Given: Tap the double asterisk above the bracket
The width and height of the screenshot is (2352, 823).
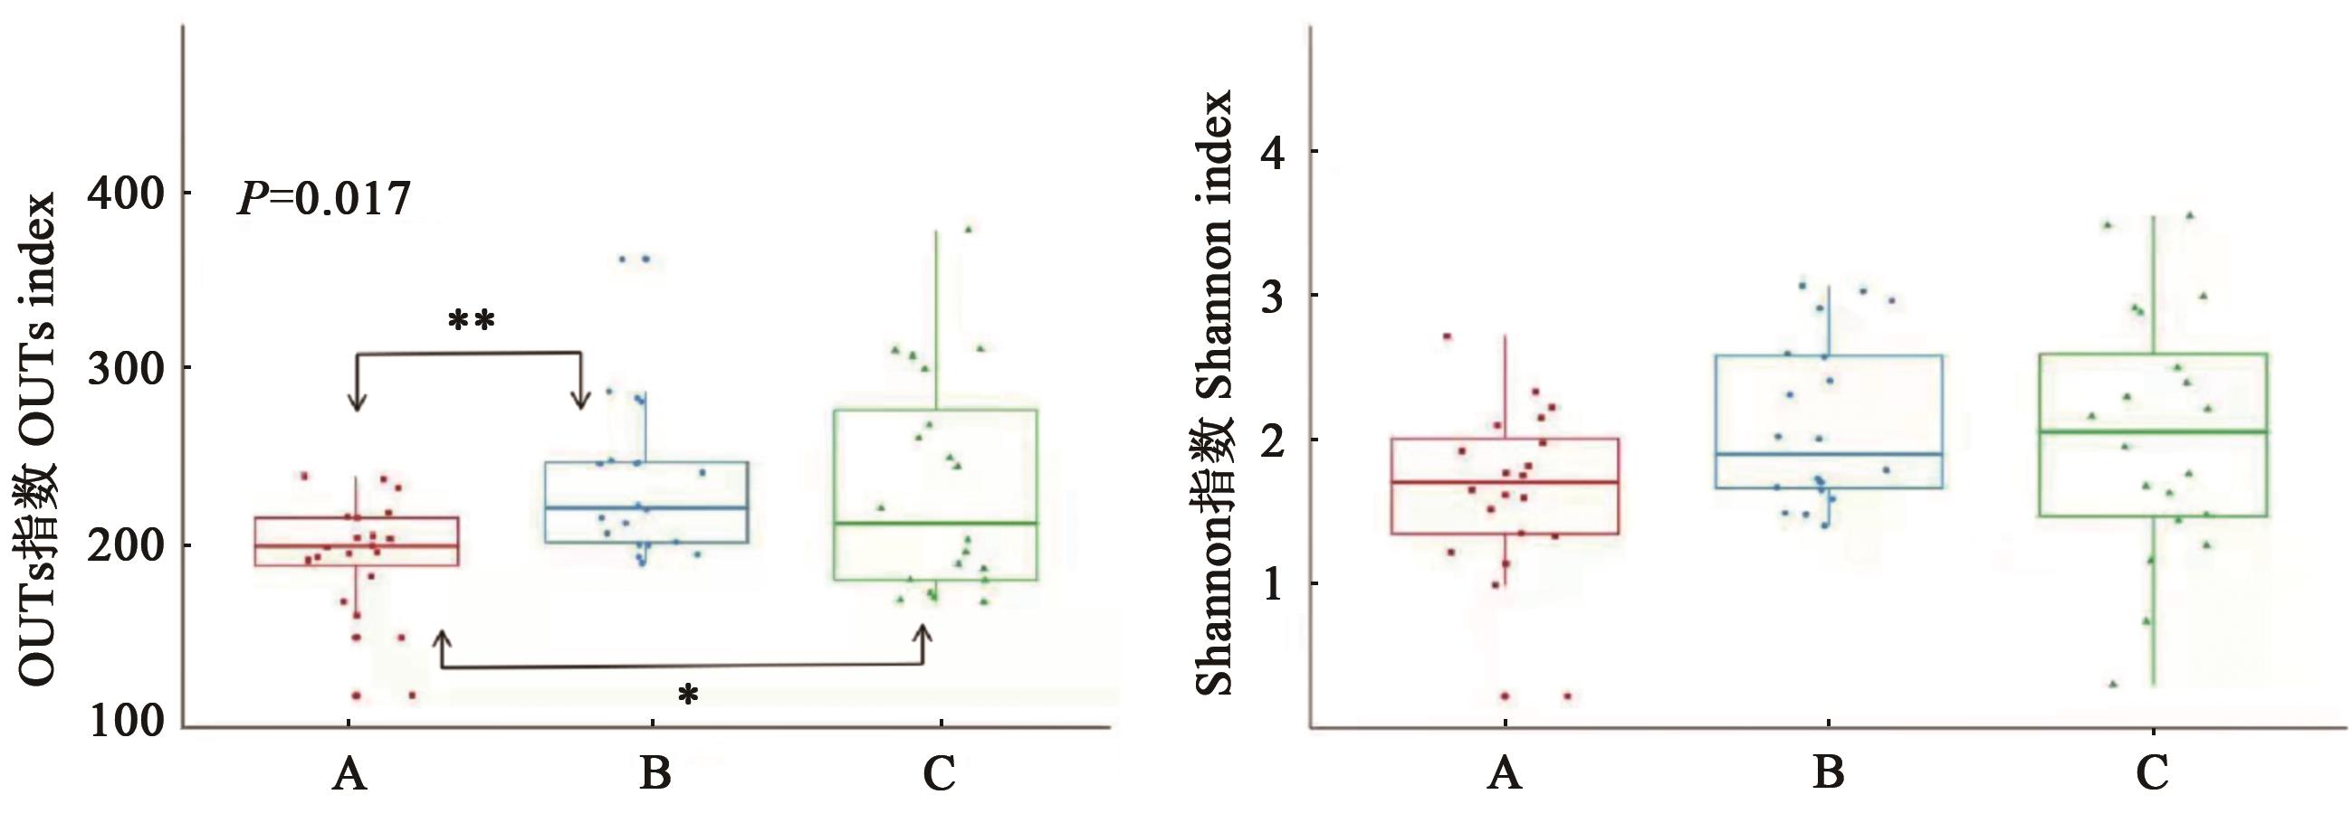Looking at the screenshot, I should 471,321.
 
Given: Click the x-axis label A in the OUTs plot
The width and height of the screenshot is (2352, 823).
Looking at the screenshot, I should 349,776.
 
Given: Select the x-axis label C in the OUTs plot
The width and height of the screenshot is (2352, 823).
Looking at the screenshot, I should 939,776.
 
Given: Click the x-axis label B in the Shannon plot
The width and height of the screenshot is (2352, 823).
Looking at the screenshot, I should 1829,776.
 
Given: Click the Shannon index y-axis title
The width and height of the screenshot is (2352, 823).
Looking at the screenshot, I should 1213,393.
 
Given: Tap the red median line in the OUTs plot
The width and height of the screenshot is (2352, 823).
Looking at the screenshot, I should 356,545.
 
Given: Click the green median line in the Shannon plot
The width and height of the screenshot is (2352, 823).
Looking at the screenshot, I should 2152,431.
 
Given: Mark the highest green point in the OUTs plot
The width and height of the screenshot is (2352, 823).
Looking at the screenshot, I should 969,229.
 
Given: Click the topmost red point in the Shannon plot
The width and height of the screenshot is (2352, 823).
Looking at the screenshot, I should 1448,336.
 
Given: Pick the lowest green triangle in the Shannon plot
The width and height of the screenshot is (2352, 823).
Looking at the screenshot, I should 2113,684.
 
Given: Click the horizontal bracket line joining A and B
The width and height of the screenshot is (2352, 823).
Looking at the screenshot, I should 468,353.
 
